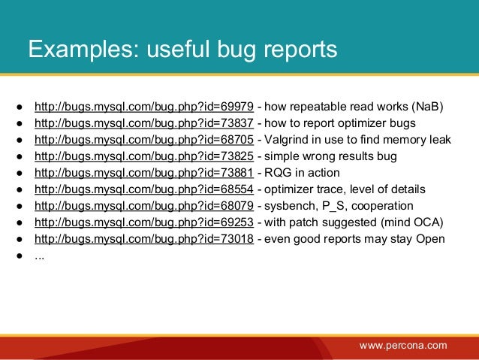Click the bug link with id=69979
pyautogui.click(x=144, y=106)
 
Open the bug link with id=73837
pyautogui.click(x=144, y=123)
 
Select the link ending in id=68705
pyautogui.click(x=144, y=139)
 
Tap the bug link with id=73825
pyautogui.click(x=144, y=156)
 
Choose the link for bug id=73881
pyautogui.click(x=144, y=173)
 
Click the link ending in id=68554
pyautogui.click(x=144, y=189)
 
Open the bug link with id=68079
pyautogui.click(x=144, y=206)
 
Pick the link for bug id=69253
pyautogui.click(x=144, y=222)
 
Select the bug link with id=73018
pyautogui.click(x=144, y=239)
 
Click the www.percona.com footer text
pyautogui.click(x=403, y=346)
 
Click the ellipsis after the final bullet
pyautogui.click(x=39, y=256)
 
